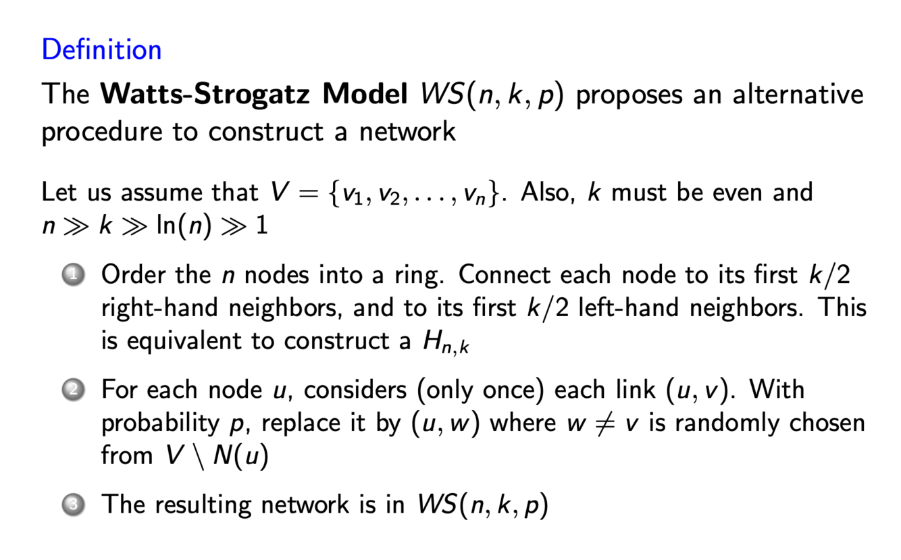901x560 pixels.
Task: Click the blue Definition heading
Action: click(x=101, y=50)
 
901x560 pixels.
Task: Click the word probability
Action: click(x=158, y=424)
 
